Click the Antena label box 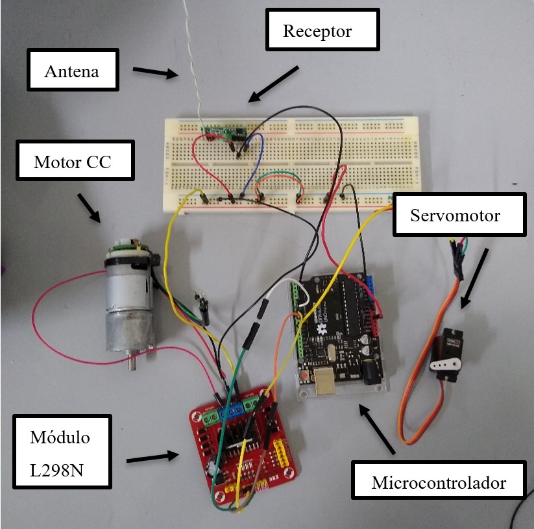click(73, 71)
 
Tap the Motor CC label click(74, 161)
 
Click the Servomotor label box click(459, 215)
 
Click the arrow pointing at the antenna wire click(156, 72)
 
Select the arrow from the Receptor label click(273, 84)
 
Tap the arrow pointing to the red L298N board click(152, 458)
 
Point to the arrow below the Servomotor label click(474, 276)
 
